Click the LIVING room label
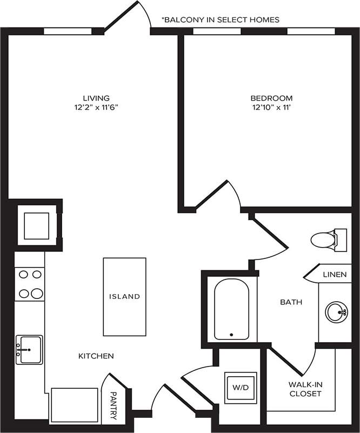pos(96,98)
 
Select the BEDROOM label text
pos(271,98)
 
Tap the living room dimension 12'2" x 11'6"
pos(96,107)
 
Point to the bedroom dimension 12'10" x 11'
pos(271,107)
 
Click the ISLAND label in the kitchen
pos(124,296)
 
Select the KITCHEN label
pos(96,356)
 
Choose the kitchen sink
pos(29,349)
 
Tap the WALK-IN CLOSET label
pos(305,389)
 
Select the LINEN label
pos(334,274)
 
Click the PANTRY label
pos(114,405)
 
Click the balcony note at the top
pos(221,19)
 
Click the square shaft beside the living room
pos(36,226)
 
